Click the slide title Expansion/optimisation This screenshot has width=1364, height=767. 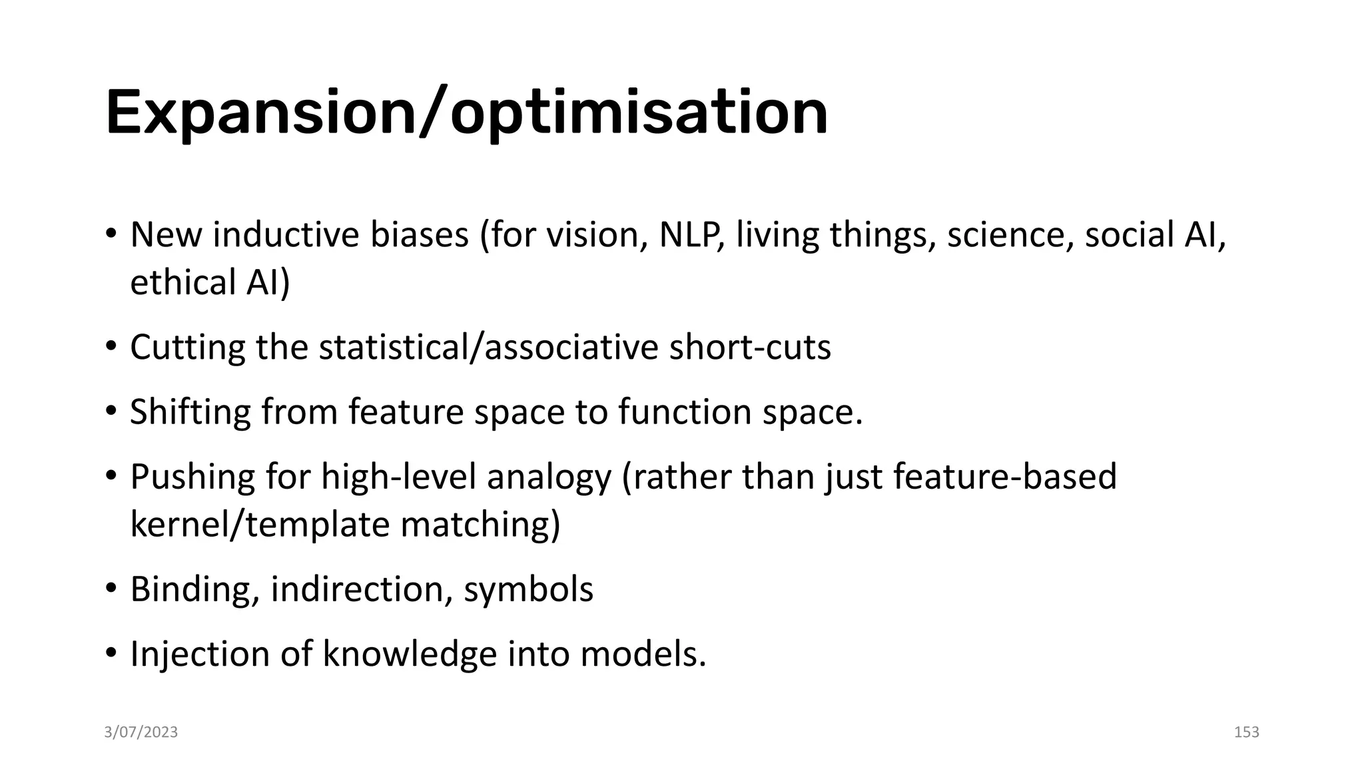click(x=466, y=113)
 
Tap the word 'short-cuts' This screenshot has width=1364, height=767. click(x=750, y=347)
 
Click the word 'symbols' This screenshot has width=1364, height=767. click(x=528, y=589)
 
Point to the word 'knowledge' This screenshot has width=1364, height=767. click(x=410, y=654)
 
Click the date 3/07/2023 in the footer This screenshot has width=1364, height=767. click(x=141, y=732)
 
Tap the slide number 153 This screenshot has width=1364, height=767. click(x=1246, y=732)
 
